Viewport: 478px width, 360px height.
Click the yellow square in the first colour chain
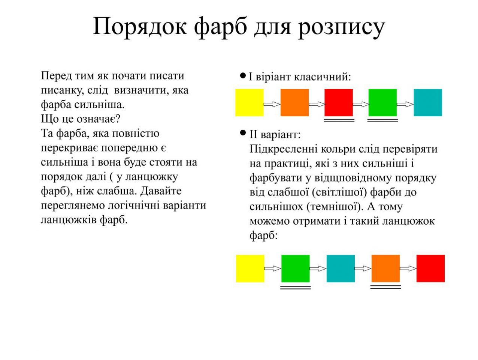tap(249, 102)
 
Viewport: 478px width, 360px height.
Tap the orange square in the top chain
tap(294, 102)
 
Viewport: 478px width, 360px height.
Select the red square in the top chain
tap(338, 102)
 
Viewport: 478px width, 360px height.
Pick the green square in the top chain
tap(382, 102)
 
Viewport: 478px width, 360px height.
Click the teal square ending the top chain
tap(428, 102)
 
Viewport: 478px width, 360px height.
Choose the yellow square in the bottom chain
tap(250, 268)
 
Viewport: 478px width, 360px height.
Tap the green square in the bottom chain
tap(295, 268)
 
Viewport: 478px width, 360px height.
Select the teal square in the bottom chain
tap(341, 268)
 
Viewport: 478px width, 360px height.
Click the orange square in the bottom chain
tap(386, 268)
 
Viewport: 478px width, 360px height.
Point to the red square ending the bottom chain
tap(430, 268)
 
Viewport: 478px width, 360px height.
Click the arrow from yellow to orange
tap(272, 104)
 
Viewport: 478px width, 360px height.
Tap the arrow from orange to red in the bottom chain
tap(408, 268)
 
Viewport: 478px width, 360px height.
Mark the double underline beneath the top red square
tap(339, 120)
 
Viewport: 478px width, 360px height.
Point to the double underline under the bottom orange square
tap(386, 287)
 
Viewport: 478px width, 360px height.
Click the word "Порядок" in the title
tap(140, 27)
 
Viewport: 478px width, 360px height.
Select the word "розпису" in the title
tap(341, 28)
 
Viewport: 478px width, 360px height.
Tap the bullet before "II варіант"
tap(243, 132)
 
